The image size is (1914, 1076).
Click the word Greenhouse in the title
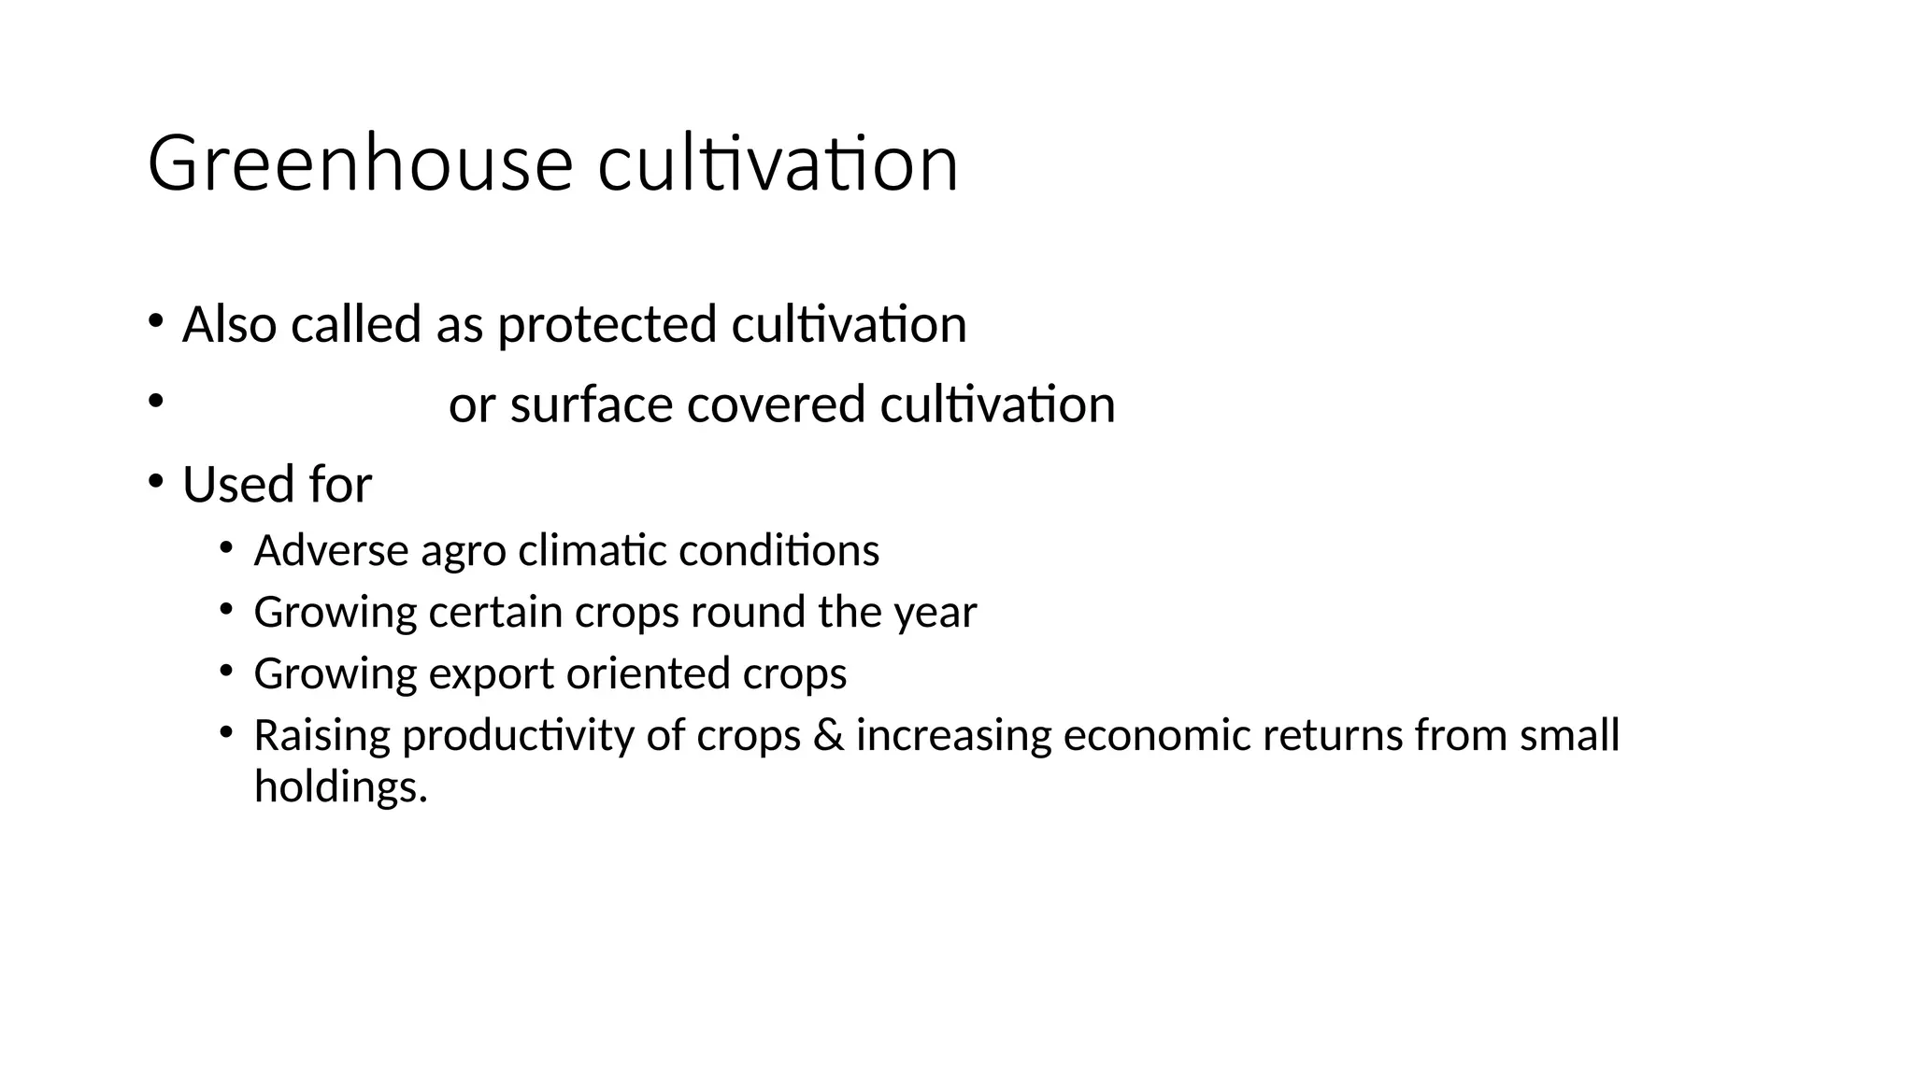pos(360,164)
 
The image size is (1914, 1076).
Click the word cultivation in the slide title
pos(778,164)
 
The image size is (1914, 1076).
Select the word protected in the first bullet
pos(607,325)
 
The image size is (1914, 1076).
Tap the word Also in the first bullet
pos(229,325)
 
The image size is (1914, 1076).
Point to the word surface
pos(591,405)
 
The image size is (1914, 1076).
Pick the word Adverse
pos(331,551)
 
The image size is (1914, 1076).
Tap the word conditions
pos(778,551)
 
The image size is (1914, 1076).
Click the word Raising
pos(321,737)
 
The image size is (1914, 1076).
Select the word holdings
pos(340,787)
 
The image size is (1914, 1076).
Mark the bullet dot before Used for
pos(155,482)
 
